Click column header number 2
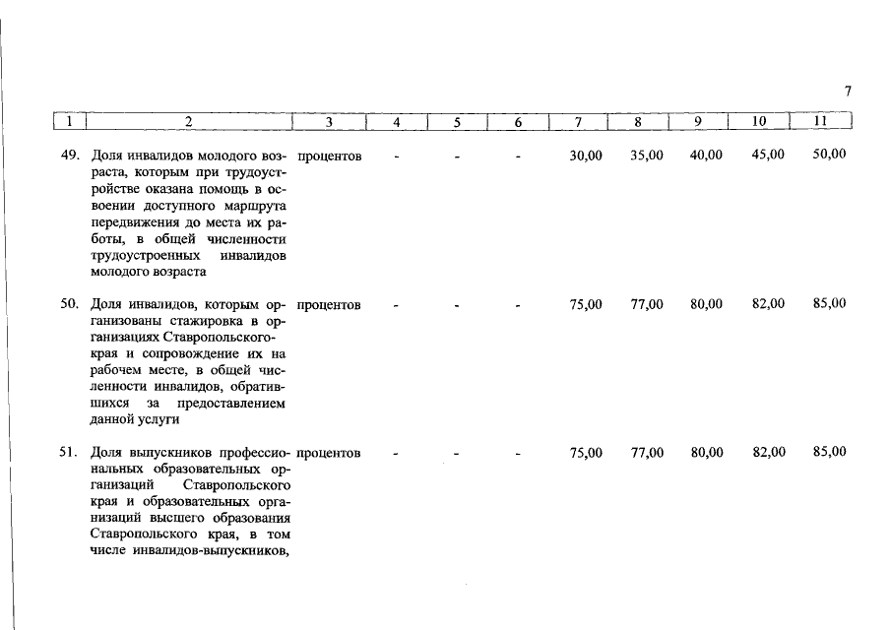coord(188,123)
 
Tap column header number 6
coord(518,123)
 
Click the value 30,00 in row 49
coord(586,157)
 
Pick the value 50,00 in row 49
coord(829,157)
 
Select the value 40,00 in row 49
coord(706,157)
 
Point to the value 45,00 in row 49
coord(768,157)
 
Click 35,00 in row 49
coord(646,157)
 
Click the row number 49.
coord(69,157)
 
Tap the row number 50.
coord(69,305)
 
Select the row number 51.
coord(69,454)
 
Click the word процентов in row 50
coord(329,305)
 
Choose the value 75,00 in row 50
coord(586,305)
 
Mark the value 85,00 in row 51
coord(829,453)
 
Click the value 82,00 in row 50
coord(768,305)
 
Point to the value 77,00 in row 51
coord(646,453)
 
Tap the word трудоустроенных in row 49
coord(141,256)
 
